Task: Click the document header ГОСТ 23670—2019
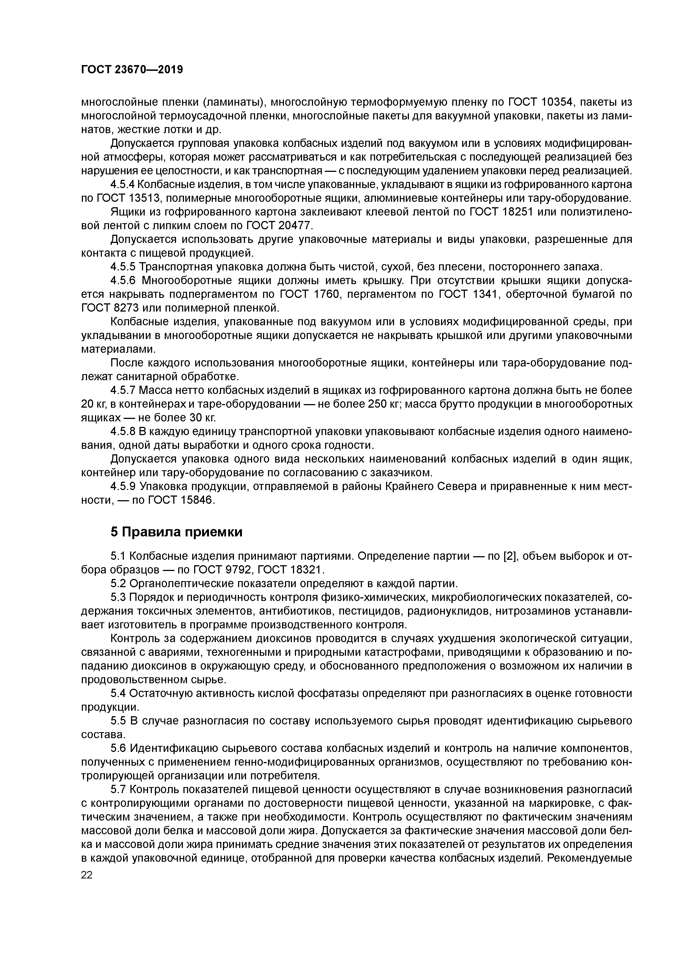pos(132,70)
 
